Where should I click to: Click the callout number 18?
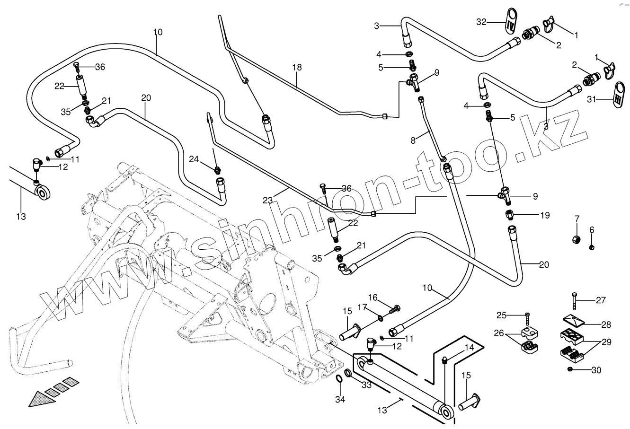(296, 67)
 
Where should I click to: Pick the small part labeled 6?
(591, 246)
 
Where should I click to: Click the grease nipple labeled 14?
(445, 361)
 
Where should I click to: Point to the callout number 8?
(413, 140)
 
